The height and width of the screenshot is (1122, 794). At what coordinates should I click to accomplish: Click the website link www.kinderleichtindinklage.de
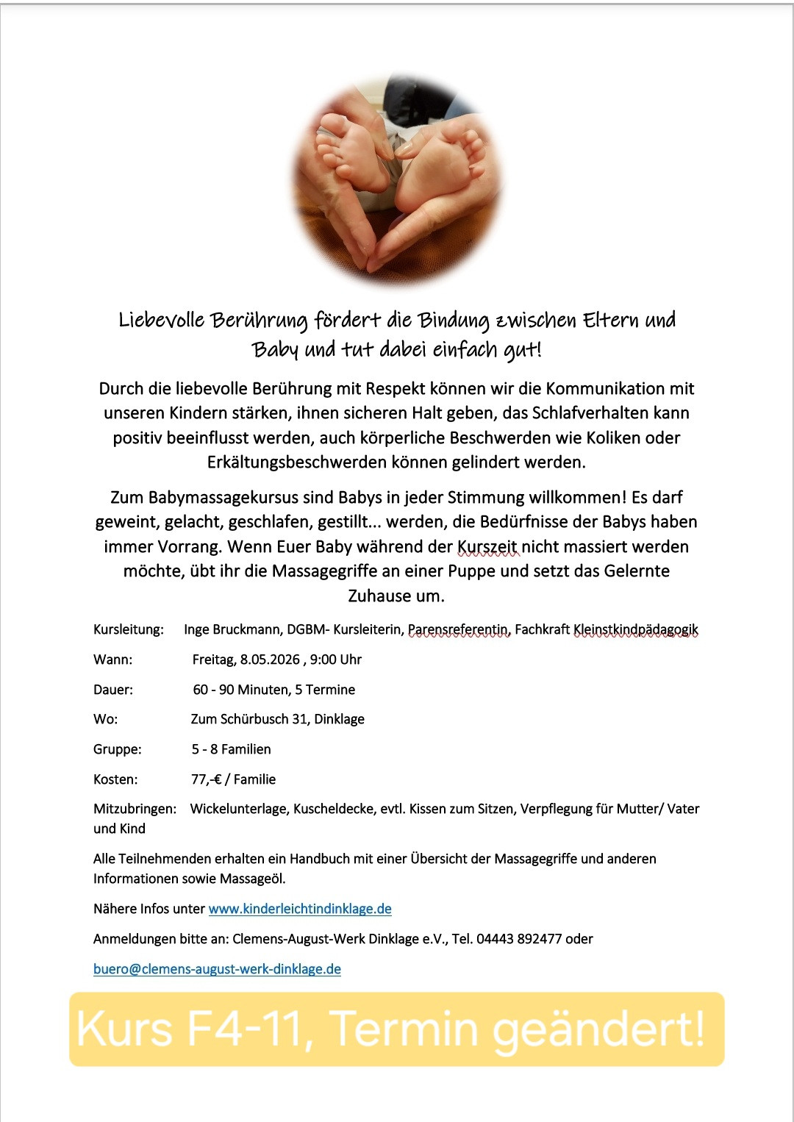point(300,909)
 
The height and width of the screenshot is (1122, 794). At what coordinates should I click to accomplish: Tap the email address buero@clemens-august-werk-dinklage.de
point(217,969)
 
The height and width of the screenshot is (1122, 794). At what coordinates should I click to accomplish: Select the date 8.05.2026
point(270,660)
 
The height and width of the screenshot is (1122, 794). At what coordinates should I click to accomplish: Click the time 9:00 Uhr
point(336,660)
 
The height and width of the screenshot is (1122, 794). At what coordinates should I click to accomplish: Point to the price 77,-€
point(207,779)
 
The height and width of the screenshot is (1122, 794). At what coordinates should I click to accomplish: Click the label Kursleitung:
point(128,629)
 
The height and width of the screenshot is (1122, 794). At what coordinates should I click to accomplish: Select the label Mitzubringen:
point(135,809)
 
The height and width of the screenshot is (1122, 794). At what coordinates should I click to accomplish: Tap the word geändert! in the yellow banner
point(598,1030)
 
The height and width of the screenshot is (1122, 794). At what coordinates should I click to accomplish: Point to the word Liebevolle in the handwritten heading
point(162,321)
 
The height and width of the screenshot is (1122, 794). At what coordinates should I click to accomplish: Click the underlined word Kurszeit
point(487,547)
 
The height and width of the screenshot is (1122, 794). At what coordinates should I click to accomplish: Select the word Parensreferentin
point(459,629)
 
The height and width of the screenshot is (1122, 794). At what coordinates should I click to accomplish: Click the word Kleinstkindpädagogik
point(636,629)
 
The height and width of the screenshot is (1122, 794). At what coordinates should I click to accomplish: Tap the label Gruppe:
point(118,749)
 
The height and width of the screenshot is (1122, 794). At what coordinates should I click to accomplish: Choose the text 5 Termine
point(325,690)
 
